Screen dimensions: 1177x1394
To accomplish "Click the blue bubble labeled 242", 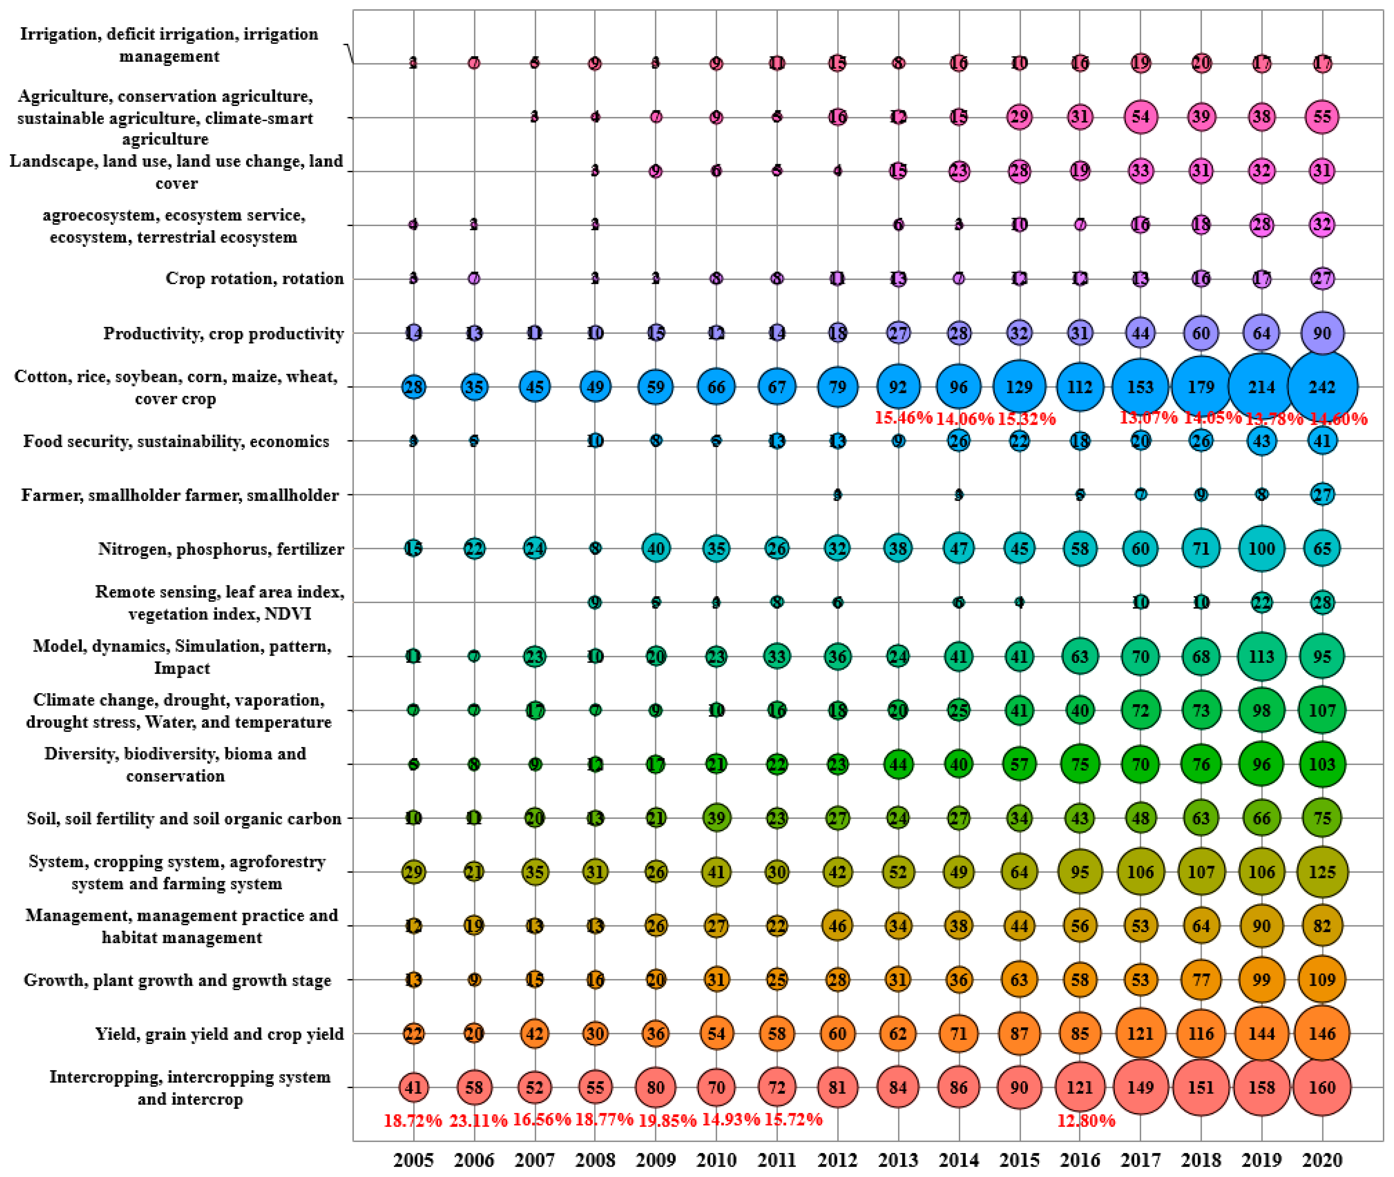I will pos(1322,386).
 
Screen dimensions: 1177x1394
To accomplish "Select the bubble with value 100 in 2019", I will pos(1261,548).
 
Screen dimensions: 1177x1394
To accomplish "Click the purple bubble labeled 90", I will pos(1322,333).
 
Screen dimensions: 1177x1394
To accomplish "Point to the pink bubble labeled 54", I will pos(1140,117).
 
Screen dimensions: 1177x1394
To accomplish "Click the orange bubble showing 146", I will pos(1322,1034).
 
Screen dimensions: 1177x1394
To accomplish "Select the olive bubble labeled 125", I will pos(1322,871).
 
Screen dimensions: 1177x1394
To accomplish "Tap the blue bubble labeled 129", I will pos(1019,386).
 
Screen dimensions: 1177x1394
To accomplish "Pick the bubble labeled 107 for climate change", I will pos(1322,710).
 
